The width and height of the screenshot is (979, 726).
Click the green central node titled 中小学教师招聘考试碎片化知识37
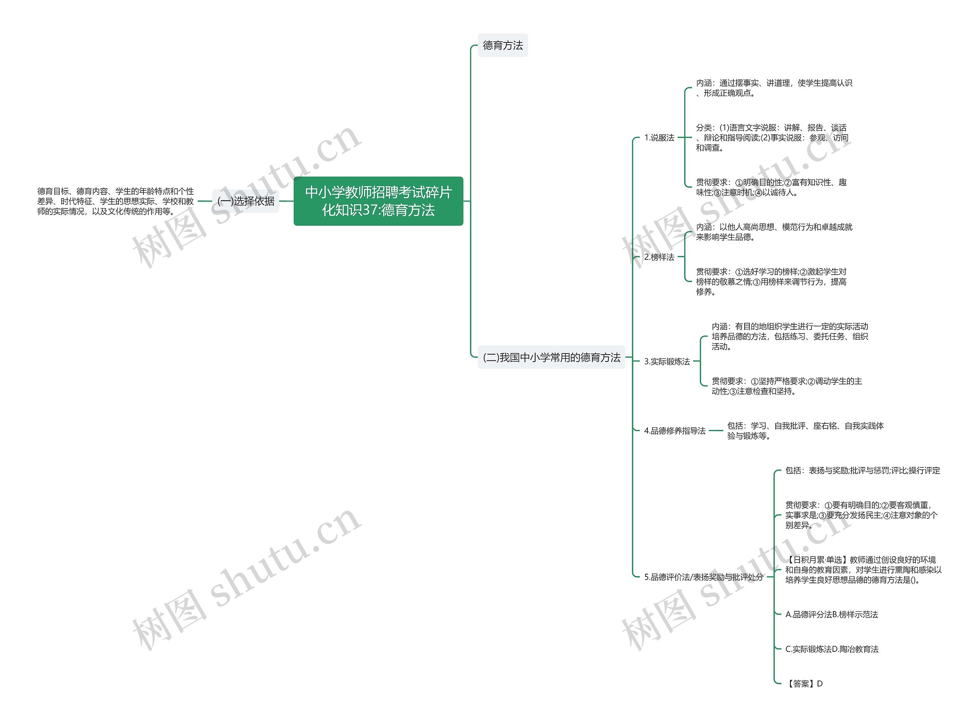pyautogui.click(x=378, y=201)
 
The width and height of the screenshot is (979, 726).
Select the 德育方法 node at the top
pyautogui.click(x=502, y=45)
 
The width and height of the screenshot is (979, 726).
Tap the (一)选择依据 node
pyautogui.click(x=246, y=201)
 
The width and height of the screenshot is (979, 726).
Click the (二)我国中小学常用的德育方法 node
pyautogui.click(x=551, y=357)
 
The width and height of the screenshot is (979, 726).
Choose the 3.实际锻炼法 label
pyautogui.click(x=667, y=361)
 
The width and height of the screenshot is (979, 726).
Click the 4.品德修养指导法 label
pyautogui.click(x=675, y=431)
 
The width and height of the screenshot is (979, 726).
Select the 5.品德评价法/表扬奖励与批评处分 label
pyautogui.click(x=703, y=577)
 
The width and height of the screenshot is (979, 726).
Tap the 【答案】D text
pyautogui.click(x=804, y=684)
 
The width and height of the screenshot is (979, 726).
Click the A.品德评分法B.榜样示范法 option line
pyautogui.click(x=831, y=614)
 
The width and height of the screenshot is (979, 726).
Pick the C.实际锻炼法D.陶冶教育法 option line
pyautogui.click(x=831, y=649)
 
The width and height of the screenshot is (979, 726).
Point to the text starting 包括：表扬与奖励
pyautogui.click(x=862, y=470)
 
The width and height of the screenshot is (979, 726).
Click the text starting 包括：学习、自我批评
pyautogui.click(x=805, y=431)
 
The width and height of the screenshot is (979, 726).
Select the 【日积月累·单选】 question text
pyautogui.click(x=863, y=570)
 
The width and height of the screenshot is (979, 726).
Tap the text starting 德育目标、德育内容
pyautogui.click(x=115, y=201)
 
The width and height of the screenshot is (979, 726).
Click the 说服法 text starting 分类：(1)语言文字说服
pyautogui.click(x=772, y=138)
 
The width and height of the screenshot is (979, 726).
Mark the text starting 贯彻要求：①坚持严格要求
pyautogui.click(x=787, y=386)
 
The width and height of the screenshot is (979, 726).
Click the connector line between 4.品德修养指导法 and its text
pyautogui.click(x=716, y=431)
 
